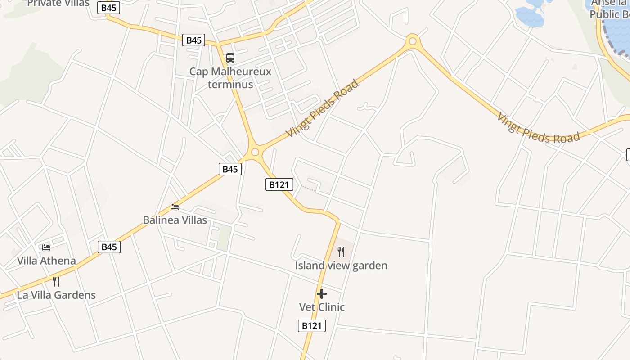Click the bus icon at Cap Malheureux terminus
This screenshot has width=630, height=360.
tap(230, 58)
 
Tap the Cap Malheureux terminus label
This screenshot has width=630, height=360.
tap(230, 78)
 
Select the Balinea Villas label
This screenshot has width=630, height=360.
tap(175, 220)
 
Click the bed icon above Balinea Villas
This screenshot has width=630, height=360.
tap(175, 207)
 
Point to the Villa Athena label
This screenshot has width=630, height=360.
tap(46, 261)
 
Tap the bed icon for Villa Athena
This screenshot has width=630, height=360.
tap(46, 247)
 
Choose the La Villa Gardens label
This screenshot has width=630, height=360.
tap(56, 295)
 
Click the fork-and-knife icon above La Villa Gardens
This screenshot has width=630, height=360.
tap(56, 282)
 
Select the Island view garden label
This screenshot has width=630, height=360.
tap(341, 265)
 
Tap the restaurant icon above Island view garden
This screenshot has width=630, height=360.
tap(341, 252)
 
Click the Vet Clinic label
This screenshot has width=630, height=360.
tap(322, 307)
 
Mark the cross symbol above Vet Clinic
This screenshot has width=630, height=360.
tap(322, 294)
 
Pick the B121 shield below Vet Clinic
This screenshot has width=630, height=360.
tap(311, 326)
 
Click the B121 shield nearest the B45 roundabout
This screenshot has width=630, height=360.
tap(279, 184)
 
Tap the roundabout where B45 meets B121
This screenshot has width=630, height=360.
tap(255, 152)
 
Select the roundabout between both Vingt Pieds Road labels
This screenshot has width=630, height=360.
tap(412, 42)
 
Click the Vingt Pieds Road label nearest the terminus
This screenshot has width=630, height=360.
tap(323, 108)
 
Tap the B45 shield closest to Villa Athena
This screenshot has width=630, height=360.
tap(109, 247)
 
